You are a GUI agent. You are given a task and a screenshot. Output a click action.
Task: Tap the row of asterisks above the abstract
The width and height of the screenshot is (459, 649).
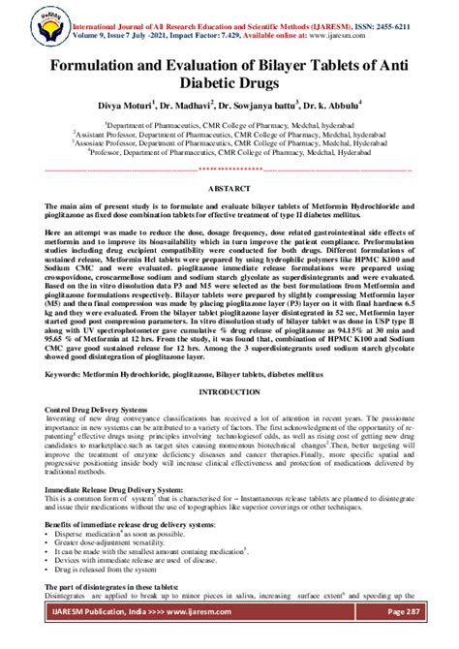[x=230, y=170]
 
